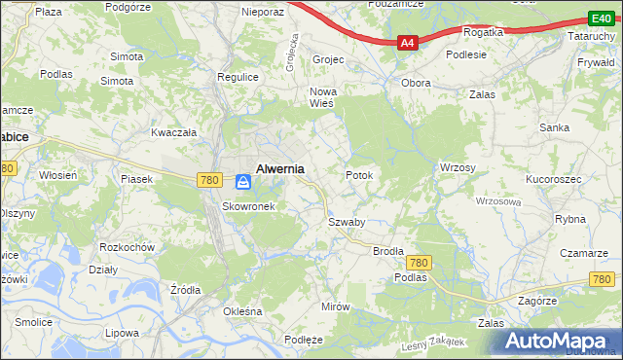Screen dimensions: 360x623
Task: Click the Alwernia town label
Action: pyautogui.click(x=279, y=168)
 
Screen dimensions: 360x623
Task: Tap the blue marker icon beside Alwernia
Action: pyautogui.click(x=242, y=181)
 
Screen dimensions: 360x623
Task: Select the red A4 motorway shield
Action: pyautogui.click(x=408, y=43)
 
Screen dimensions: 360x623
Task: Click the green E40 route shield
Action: pyautogui.click(x=600, y=18)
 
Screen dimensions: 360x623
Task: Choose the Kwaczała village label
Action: pyautogui.click(x=174, y=132)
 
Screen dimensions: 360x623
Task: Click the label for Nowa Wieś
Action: pyautogui.click(x=322, y=98)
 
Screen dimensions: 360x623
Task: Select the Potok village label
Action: pyautogui.click(x=359, y=175)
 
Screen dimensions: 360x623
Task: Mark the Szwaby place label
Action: pyautogui.click(x=346, y=222)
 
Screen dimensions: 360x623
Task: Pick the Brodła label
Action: pyautogui.click(x=388, y=251)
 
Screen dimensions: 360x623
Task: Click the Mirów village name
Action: pyautogui.click(x=335, y=306)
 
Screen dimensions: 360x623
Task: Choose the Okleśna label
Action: pyautogui.click(x=243, y=311)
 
